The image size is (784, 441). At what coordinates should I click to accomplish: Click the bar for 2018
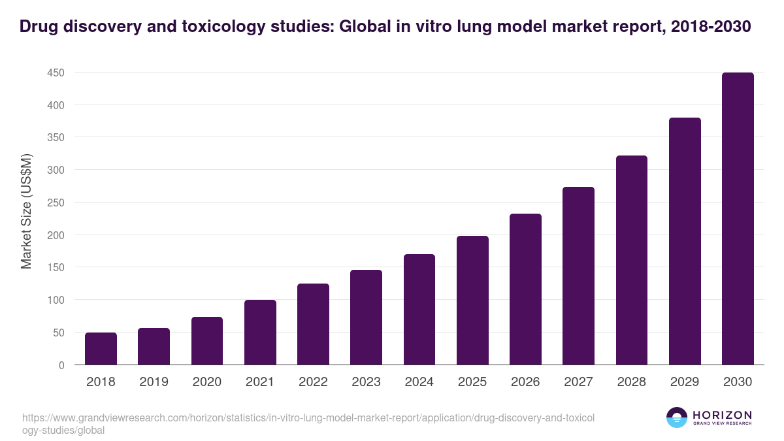(101, 349)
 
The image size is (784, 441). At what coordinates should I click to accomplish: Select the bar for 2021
(260, 333)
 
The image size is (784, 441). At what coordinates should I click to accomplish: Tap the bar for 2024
(419, 310)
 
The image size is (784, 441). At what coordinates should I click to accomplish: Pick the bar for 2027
(578, 276)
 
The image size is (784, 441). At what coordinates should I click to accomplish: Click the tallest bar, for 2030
(738, 219)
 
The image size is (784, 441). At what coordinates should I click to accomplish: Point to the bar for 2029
(685, 241)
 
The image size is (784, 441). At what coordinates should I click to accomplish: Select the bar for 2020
(207, 341)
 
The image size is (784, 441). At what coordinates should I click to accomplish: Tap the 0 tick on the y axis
(61, 365)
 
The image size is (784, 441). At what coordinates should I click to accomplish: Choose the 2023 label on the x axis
(366, 382)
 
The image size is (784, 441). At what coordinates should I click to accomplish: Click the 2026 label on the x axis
(525, 382)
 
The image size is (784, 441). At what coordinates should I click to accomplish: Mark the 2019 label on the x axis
(154, 382)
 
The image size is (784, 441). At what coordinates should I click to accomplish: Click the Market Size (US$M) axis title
(27, 211)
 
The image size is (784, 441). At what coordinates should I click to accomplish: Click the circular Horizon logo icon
(676, 417)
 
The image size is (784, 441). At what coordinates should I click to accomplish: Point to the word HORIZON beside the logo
(722, 415)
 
